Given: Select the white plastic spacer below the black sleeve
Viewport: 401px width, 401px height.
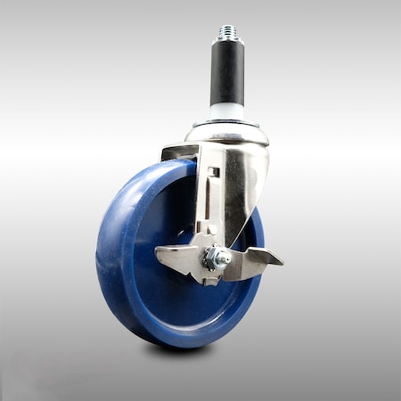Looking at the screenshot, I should [x=226, y=113].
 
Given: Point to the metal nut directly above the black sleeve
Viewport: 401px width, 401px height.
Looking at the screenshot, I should [x=226, y=43].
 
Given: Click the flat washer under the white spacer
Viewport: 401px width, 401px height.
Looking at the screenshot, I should [x=226, y=123].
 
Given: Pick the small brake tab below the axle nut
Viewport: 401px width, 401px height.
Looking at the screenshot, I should [x=210, y=277].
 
